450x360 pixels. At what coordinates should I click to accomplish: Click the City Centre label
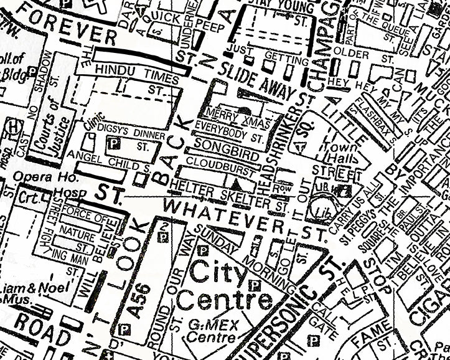click(x=224, y=285)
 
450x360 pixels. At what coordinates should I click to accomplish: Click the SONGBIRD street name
click(x=221, y=146)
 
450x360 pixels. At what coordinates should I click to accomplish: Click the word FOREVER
click(x=62, y=28)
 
